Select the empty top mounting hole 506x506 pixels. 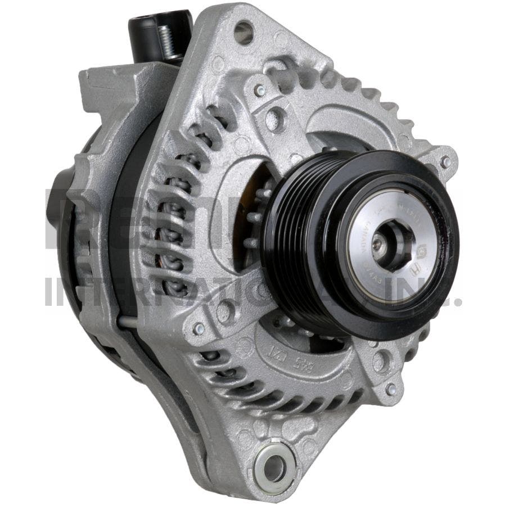point(243,33)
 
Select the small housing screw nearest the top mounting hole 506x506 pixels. point(260,90)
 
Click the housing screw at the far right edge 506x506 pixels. point(445,162)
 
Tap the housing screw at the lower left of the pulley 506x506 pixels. point(198,328)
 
